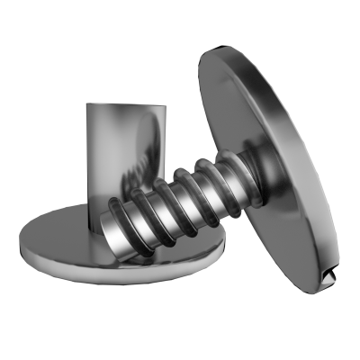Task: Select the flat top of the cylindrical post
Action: (126, 104)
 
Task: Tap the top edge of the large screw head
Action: (216, 54)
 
